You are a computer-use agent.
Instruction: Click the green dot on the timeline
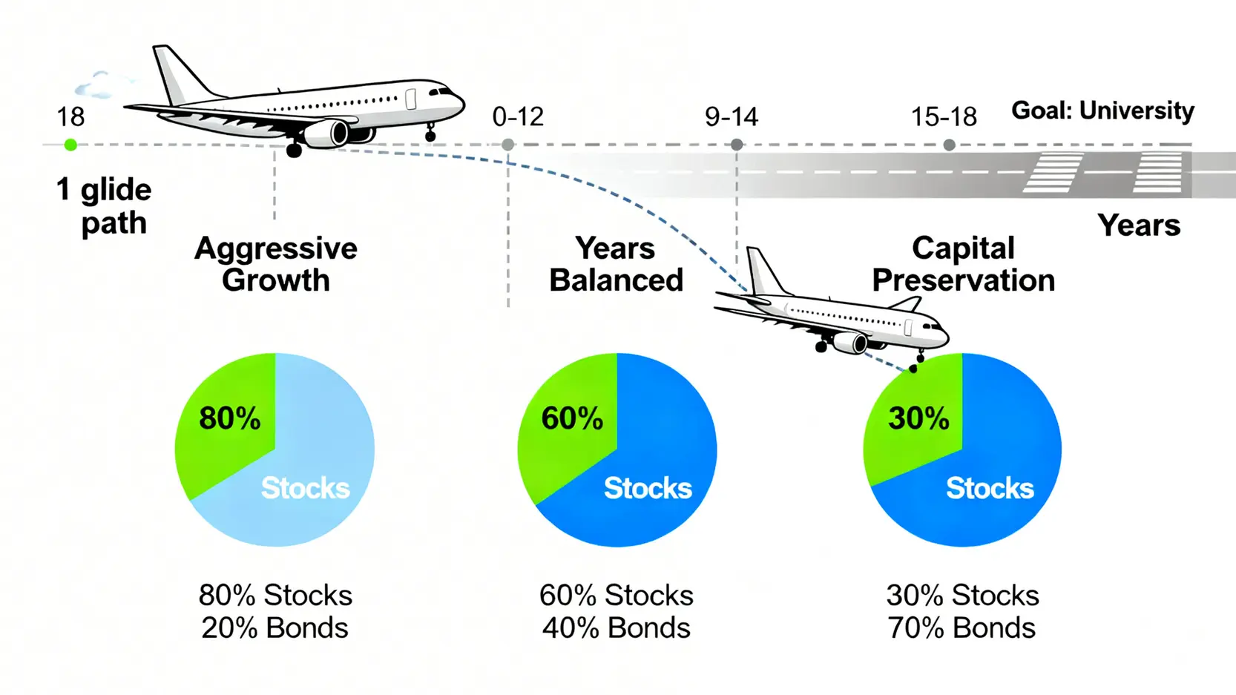(70, 145)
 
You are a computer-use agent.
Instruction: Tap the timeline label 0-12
(518, 116)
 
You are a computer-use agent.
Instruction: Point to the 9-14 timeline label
(732, 116)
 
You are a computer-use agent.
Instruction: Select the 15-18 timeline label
(944, 116)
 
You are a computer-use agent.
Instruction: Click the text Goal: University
(1102, 111)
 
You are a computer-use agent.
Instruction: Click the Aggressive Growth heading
(276, 264)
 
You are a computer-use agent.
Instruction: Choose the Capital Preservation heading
(963, 264)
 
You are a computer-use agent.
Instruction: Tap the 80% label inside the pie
(230, 418)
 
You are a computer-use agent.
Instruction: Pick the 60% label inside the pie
(572, 418)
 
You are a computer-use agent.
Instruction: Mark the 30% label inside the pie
(918, 418)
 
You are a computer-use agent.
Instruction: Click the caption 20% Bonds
(275, 628)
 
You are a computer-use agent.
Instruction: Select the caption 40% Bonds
(616, 628)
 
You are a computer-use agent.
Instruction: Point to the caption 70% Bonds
(961, 628)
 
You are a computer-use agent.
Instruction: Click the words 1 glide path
(105, 206)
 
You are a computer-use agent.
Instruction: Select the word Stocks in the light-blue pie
(305, 488)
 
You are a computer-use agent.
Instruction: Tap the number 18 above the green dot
(70, 117)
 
